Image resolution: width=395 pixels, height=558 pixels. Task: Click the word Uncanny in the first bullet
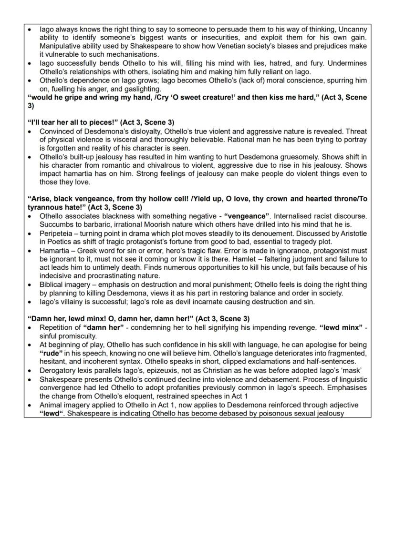point(352,30)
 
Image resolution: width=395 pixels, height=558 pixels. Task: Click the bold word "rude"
point(51,353)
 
